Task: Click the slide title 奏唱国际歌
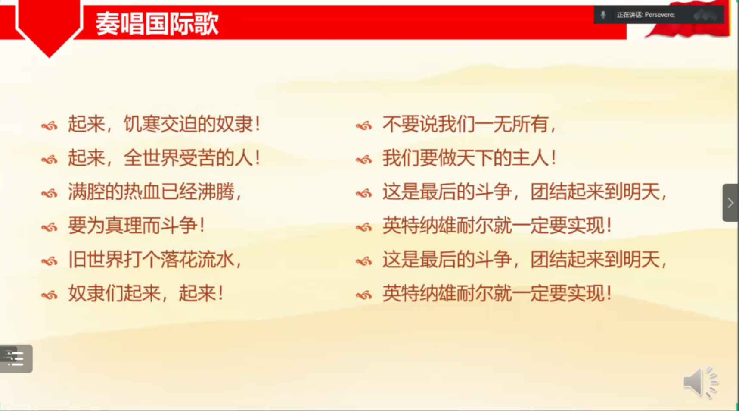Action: (x=157, y=23)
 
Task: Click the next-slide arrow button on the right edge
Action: (x=730, y=203)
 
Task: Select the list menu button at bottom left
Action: (x=16, y=358)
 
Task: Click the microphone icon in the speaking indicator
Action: (x=603, y=15)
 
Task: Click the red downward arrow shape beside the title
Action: (x=49, y=26)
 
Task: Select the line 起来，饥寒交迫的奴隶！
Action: (x=164, y=124)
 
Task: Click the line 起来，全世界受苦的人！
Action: (x=164, y=158)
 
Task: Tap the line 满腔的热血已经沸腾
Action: (x=155, y=192)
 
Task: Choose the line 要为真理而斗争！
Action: (x=136, y=226)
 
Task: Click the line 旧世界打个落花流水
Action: (x=155, y=260)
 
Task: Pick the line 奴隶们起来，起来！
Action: (x=146, y=293)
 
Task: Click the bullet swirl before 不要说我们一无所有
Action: (x=364, y=125)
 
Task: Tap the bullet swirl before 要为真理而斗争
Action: (x=50, y=227)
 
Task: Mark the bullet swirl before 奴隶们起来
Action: (x=50, y=295)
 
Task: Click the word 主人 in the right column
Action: (x=531, y=158)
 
